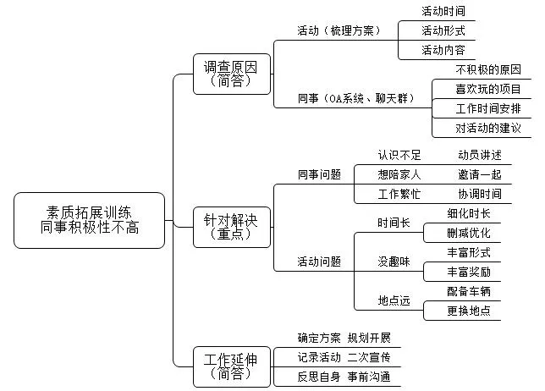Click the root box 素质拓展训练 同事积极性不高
(x=90, y=219)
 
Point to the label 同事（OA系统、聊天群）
(x=355, y=99)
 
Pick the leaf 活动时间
(x=443, y=11)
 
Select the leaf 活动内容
(x=443, y=50)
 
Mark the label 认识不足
(x=399, y=155)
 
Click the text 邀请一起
(x=479, y=174)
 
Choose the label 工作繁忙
(x=399, y=194)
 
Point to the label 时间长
(x=394, y=223)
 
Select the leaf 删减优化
(x=468, y=233)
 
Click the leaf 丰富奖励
(x=468, y=272)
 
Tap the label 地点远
(x=394, y=301)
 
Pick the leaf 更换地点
(x=468, y=311)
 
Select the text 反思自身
(x=319, y=376)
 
